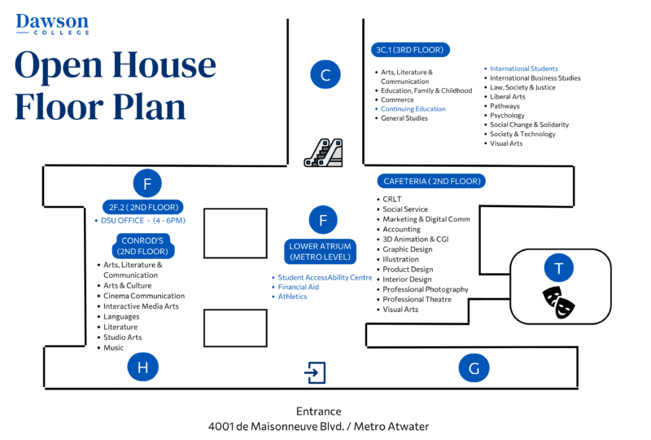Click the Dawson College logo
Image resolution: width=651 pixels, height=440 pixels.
[x=52, y=24]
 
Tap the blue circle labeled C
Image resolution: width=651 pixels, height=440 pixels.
[x=325, y=75]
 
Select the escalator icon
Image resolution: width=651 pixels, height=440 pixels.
[x=323, y=152]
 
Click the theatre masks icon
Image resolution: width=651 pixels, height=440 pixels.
[x=558, y=302]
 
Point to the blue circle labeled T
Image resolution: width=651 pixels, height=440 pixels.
[x=558, y=268]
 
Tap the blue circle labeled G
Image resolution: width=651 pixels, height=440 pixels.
[x=474, y=368]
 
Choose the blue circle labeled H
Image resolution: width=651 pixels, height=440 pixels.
[x=143, y=368]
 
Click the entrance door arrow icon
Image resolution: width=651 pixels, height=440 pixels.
[x=315, y=372]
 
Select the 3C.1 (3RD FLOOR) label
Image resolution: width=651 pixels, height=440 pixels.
[x=409, y=50]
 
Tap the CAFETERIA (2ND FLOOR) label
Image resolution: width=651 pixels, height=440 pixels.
[x=431, y=181]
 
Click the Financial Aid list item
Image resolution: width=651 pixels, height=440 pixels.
[x=298, y=287]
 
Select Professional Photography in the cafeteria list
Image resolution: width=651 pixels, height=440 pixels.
[x=426, y=289]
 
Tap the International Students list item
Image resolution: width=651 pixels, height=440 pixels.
[x=523, y=68]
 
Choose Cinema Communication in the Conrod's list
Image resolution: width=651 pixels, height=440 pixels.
[x=144, y=296]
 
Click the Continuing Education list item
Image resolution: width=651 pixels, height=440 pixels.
[x=413, y=109]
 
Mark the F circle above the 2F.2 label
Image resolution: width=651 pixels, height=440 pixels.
[x=147, y=184]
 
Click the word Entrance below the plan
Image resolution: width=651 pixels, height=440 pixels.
[x=319, y=411]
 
